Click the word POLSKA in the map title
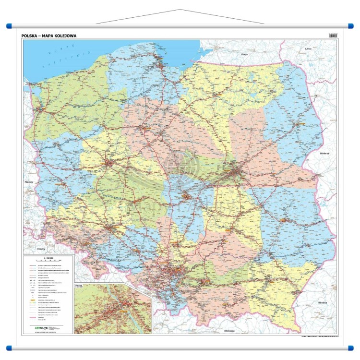tap(30, 36)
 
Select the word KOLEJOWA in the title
tap(65, 36)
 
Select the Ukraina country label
tap(322, 303)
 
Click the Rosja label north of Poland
tap(244, 55)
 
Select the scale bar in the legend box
tap(48, 262)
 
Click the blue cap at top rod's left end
tap(9, 26)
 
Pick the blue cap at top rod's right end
tap(350, 26)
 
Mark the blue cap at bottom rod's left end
tap(9, 347)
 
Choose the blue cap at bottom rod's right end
tap(350, 347)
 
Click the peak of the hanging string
tap(180, 10)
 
